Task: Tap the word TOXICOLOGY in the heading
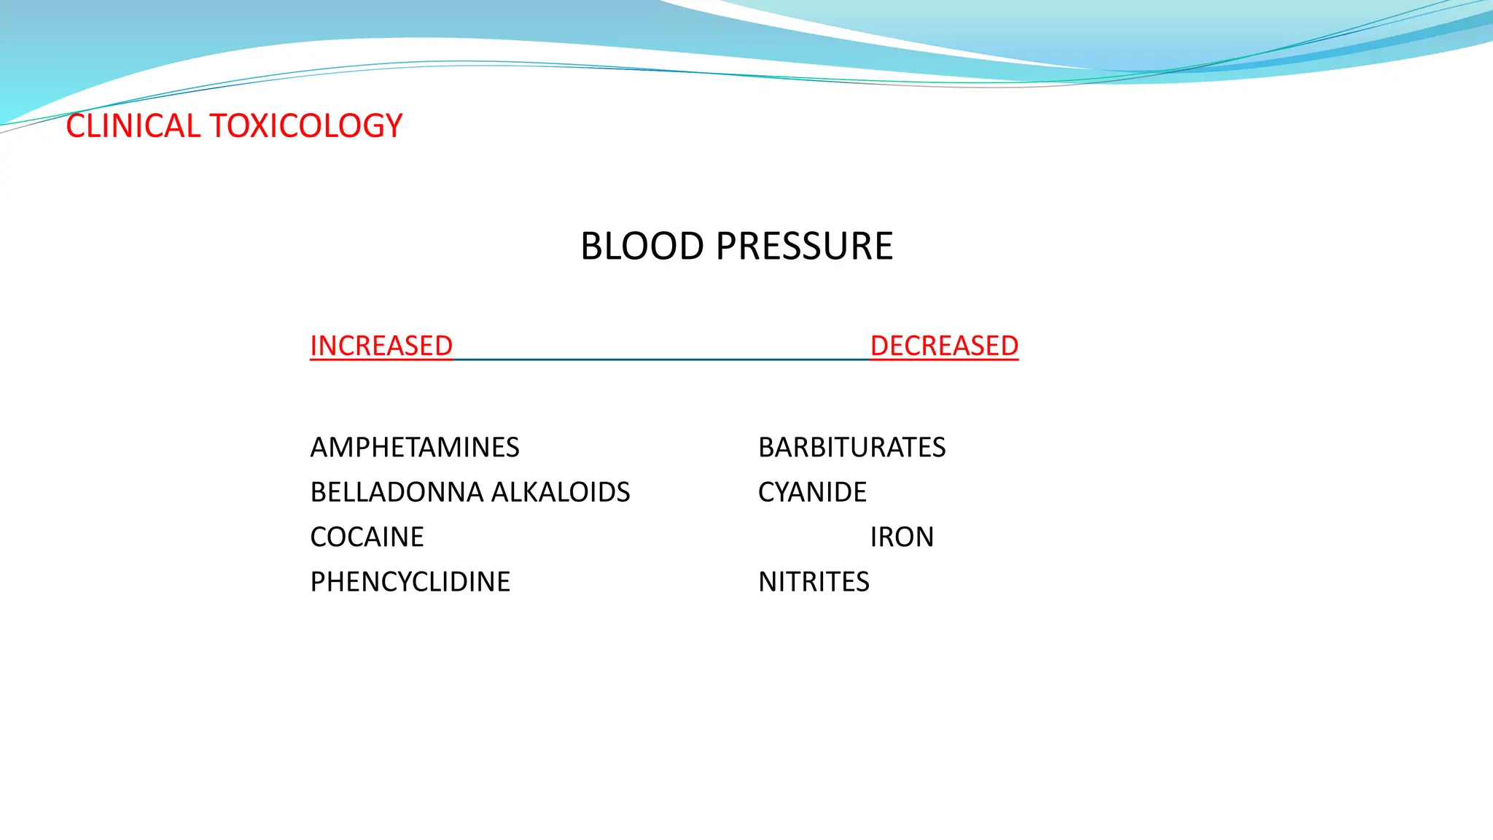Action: point(306,126)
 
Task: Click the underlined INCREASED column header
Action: point(381,346)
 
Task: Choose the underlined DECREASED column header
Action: point(944,346)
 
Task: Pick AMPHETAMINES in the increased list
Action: point(415,447)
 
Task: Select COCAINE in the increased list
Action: point(367,537)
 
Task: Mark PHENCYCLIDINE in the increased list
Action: point(410,582)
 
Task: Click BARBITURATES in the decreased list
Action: point(851,447)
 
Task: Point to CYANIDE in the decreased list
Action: point(812,492)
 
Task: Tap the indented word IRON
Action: point(902,537)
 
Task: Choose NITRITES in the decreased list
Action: point(814,582)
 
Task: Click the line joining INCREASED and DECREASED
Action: point(661,359)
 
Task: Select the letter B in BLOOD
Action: point(592,246)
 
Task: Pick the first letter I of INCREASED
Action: point(313,346)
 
